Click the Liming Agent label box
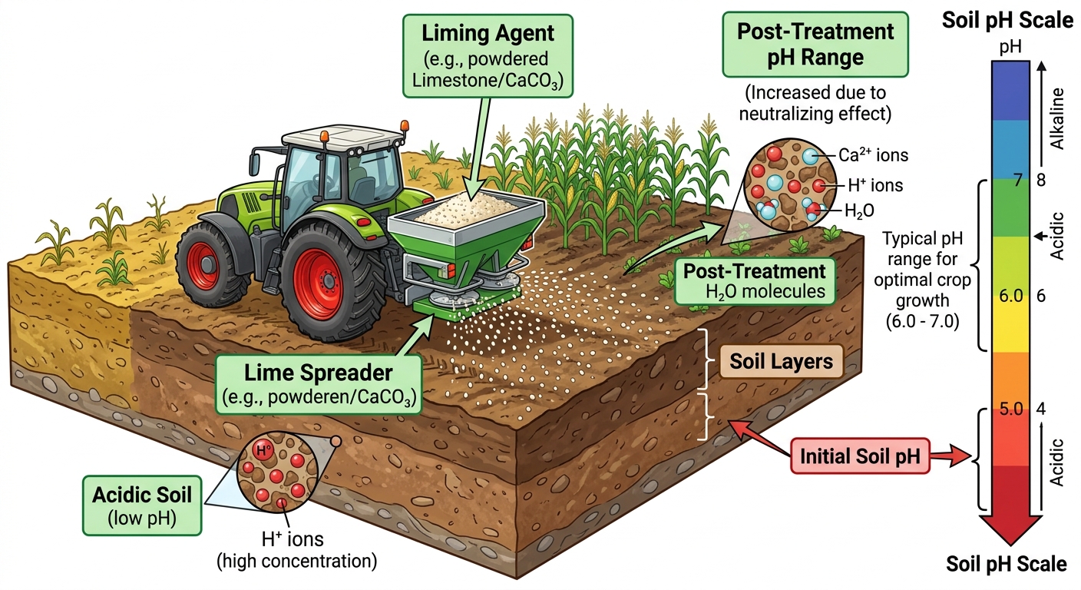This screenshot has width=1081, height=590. (488, 56)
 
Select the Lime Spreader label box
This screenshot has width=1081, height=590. (318, 384)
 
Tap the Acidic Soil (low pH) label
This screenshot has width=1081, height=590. (142, 505)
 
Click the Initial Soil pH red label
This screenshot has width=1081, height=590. (860, 456)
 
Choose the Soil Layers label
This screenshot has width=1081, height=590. (782, 361)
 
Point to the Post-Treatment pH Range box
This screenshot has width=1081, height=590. (815, 45)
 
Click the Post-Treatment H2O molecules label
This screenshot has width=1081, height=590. (754, 281)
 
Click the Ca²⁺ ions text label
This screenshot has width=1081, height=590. (873, 155)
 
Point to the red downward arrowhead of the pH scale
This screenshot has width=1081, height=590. (1010, 529)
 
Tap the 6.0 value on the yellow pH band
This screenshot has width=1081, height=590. (1010, 296)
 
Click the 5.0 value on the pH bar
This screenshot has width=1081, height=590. (1010, 409)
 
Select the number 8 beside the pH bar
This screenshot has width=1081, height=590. (1041, 180)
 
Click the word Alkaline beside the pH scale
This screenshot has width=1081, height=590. (1057, 119)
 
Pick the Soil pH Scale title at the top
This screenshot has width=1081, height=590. (1007, 20)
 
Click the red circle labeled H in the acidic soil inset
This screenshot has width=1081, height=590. (263, 450)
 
